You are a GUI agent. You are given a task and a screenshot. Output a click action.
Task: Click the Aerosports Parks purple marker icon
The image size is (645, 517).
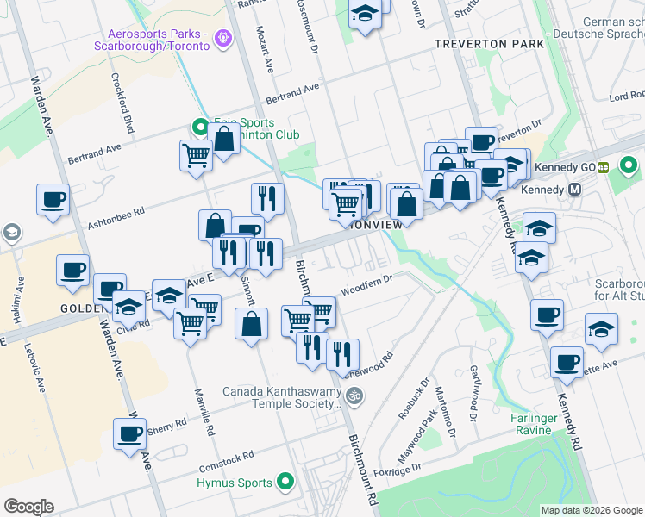[224, 38]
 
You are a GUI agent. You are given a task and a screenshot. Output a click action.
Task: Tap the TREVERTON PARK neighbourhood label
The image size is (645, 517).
[489, 43]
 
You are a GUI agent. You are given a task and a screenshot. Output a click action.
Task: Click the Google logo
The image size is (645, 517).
[28, 507]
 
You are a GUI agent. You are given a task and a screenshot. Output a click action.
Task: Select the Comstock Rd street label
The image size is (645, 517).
[226, 454]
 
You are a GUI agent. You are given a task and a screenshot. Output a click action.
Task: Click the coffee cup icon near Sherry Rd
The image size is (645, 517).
[130, 434]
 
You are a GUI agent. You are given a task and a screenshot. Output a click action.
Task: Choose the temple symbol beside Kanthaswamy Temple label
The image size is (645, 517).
[353, 396]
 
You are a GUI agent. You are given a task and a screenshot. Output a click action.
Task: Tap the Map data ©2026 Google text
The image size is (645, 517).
[591, 510]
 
